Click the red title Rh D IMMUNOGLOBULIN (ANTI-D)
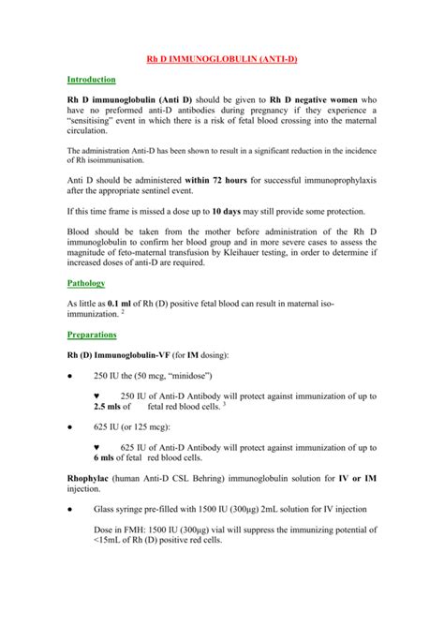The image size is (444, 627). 222,58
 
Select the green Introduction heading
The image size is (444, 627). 91,81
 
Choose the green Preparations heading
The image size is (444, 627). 92,334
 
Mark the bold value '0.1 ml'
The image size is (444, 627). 126,305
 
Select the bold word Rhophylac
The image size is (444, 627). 94,482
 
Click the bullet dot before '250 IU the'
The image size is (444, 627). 70,375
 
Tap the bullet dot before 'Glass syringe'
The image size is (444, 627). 70,510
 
